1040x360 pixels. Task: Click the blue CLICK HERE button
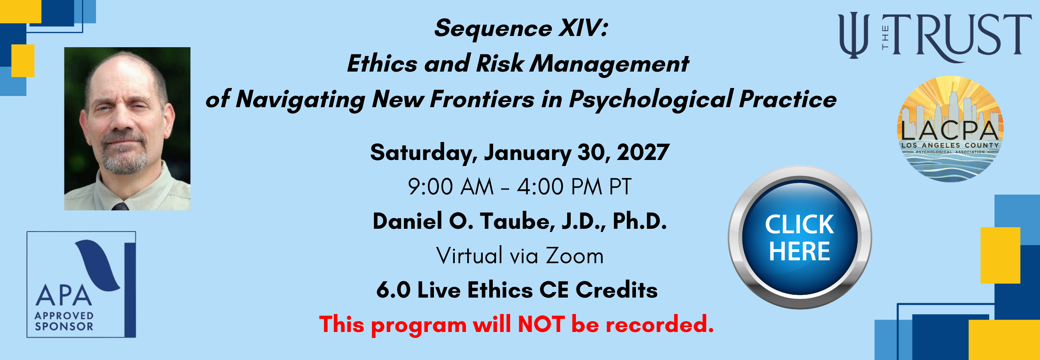coord(800,237)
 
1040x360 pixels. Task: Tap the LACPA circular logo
coord(950,129)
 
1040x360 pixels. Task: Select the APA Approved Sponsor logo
coord(81,284)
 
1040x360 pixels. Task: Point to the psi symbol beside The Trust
coord(854,36)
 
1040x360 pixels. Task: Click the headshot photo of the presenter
coord(127,129)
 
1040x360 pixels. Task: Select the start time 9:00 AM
coord(451,187)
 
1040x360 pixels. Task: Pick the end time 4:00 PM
coord(560,187)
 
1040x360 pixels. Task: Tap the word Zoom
coord(574,256)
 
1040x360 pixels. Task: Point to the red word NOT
coord(541,324)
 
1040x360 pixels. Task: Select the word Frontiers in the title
coord(482,99)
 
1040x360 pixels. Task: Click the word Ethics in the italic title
coord(382,64)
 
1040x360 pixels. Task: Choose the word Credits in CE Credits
coord(616,290)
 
